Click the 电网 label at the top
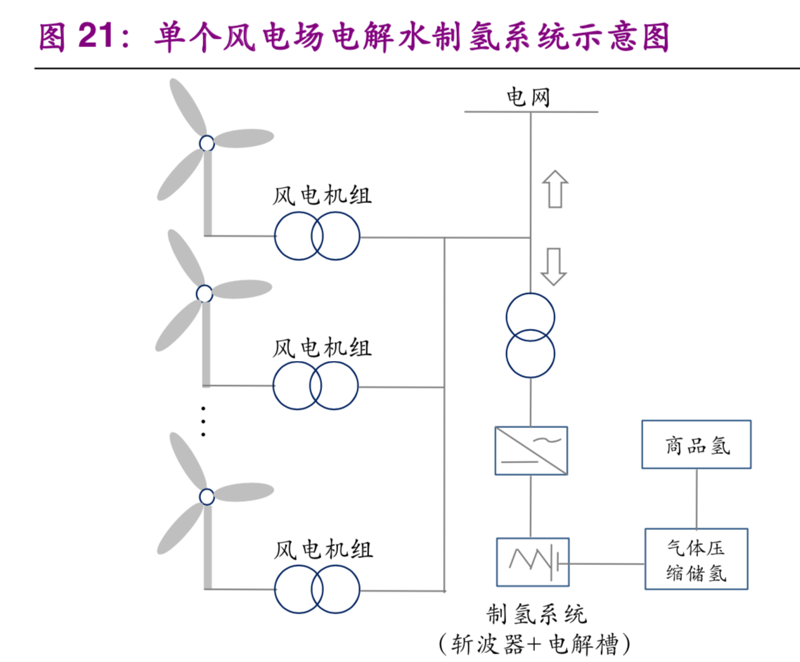coord(528,97)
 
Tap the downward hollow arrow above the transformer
coord(554,266)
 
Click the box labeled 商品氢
coord(696,444)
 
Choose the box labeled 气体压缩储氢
coord(696,559)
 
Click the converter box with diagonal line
coord(531,450)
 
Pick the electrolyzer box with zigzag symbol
coord(532,562)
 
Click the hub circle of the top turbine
coord(207,143)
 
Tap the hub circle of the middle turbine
coord(204,293)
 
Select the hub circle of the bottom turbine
coord(206,497)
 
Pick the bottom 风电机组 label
coord(323,550)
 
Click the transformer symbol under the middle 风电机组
coord(316,386)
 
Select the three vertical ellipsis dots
coord(203,421)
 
